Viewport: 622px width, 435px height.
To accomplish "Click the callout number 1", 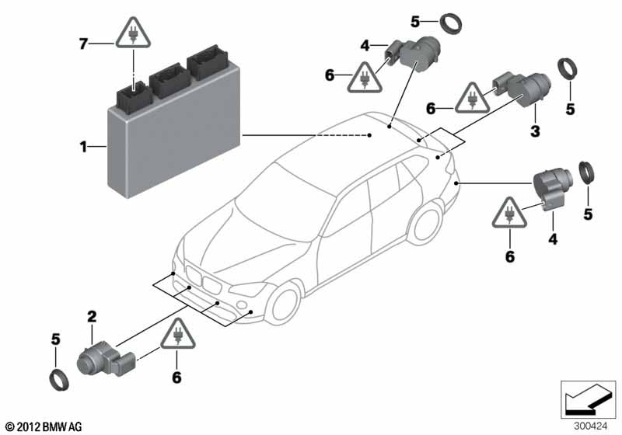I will coord(83,144).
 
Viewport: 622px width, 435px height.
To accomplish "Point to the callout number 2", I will coord(91,316).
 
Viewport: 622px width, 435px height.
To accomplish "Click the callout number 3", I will coord(535,132).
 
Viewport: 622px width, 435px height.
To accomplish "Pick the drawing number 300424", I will coord(590,425).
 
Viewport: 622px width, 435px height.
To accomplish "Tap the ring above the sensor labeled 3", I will coord(451,24).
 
